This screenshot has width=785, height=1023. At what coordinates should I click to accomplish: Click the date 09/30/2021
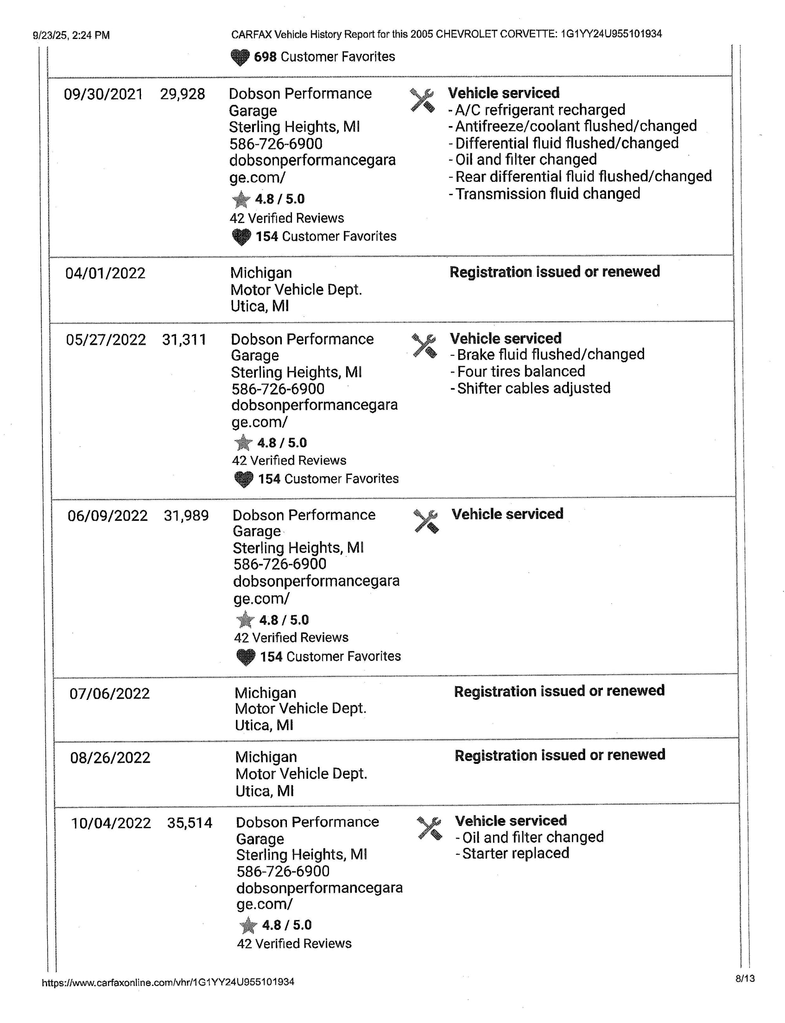pos(103,94)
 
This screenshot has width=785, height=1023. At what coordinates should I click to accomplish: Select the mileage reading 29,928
pos(182,94)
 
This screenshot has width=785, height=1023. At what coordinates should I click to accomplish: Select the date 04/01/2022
pos(105,273)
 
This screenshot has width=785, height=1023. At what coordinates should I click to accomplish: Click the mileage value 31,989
pos(186,516)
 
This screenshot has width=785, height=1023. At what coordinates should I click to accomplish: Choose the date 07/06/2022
pos(110,694)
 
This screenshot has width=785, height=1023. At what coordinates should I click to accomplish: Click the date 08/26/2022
pos(110,758)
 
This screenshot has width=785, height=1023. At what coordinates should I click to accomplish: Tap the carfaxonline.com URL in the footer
pos(168,982)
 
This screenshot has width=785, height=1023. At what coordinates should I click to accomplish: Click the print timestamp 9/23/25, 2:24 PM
pos(71,35)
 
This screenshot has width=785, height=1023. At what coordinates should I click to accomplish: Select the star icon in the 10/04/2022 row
pos(248,925)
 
